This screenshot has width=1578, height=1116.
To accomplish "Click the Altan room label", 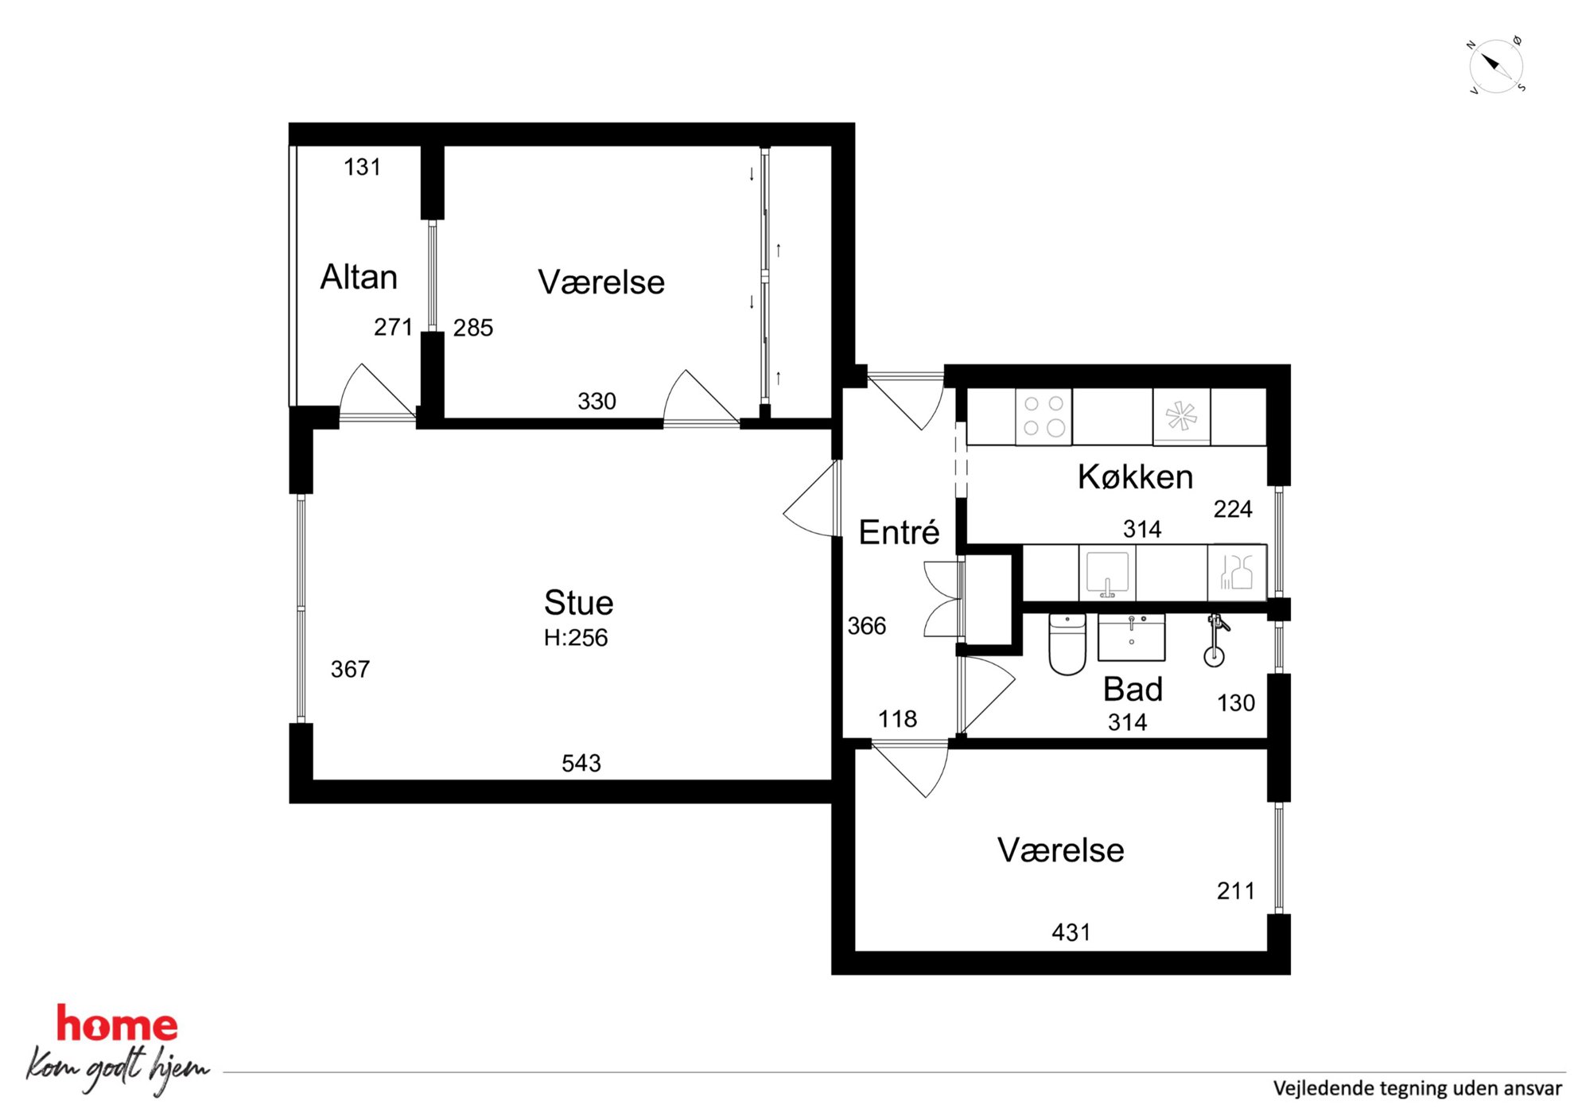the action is click(x=359, y=277).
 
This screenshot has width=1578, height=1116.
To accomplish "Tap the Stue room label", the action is click(x=578, y=603).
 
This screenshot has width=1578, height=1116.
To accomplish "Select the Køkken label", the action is click(x=1135, y=476).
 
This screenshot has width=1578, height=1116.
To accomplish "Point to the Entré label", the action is click(x=899, y=531).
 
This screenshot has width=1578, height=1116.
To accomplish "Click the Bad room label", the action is click(x=1133, y=689).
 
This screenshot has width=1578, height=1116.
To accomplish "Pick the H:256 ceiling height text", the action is click(x=576, y=638).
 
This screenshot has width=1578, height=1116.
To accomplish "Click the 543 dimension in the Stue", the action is click(x=581, y=764).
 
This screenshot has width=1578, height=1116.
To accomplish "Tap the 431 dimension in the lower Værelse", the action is click(x=1071, y=932).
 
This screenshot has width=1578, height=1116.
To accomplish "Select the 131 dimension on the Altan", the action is click(x=362, y=167).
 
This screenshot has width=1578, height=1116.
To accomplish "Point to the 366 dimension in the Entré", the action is click(x=866, y=626).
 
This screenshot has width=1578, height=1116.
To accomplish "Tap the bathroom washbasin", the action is click(x=1131, y=637).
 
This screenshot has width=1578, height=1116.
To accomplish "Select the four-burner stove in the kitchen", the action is click(x=1044, y=416).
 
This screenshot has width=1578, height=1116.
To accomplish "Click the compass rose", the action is click(x=1495, y=66).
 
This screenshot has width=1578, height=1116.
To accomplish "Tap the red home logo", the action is click(x=117, y=1024).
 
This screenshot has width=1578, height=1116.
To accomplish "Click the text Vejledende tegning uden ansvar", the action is click(x=1417, y=1088).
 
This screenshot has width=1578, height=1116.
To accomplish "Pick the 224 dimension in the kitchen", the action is click(x=1233, y=509).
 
